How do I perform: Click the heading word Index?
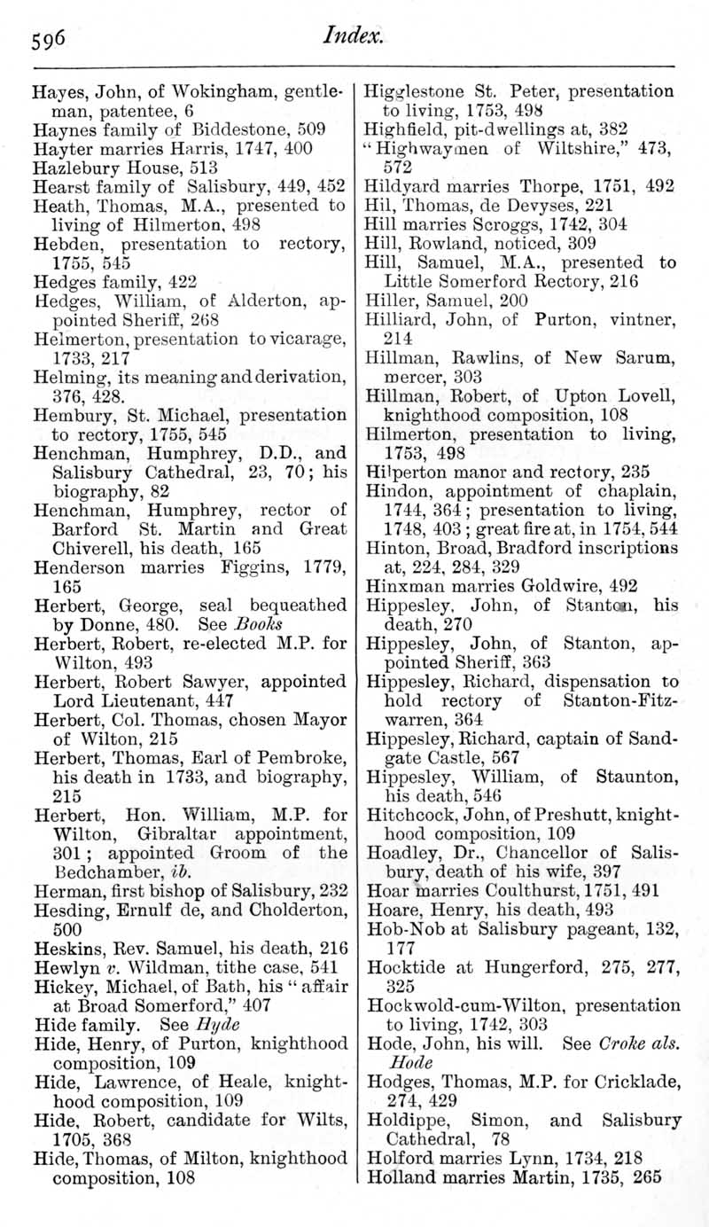(x=353, y=35)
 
